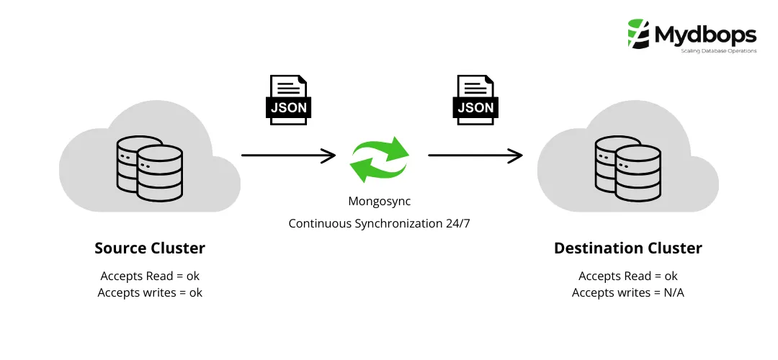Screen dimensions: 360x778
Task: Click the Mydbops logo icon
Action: click(638, 33)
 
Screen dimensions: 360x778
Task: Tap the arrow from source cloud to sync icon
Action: click(288, 155)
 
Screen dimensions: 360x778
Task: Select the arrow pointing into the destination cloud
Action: click(475, 155)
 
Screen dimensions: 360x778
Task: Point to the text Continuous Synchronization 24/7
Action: click(379, 223)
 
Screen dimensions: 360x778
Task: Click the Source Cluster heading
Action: click(150, 248)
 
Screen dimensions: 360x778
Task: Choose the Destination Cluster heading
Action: click(627, 248)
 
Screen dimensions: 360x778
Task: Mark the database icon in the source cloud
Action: click(150, 171)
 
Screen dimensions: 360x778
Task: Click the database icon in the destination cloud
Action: click(627, 171)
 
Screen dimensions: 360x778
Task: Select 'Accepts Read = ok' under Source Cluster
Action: click(150, 276)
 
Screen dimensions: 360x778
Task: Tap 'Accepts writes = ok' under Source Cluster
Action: click(150, 292)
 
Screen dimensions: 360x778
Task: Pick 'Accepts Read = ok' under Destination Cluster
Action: click(627, 276)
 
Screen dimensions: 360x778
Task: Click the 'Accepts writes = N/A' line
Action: click(627, 292)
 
